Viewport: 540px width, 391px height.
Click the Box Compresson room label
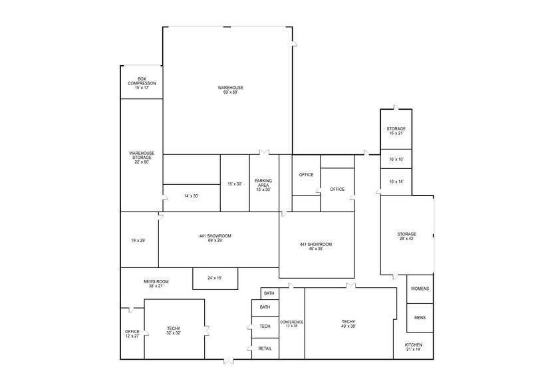tap(142, 83)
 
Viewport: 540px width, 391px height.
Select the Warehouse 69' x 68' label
tap(230, 90)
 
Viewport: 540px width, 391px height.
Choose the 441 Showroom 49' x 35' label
tap(315, 247)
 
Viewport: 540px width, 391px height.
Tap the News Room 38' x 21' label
tap(154, 284)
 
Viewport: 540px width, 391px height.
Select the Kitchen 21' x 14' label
tap(413, 346)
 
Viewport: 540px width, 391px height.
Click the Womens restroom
tap(420, 289)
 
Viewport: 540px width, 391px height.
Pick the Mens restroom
tap(420, 318)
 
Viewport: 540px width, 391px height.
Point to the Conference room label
tap(292, 324)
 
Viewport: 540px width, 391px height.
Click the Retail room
tap(265, 348)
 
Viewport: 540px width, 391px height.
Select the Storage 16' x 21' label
tap(396, 131)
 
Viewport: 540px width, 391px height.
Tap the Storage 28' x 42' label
tap(406, 237)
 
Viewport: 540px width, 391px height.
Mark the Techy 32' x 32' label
tap(174, 330)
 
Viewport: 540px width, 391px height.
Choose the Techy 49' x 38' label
tap(349, 324)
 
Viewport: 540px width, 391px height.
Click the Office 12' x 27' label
tap(132, 334)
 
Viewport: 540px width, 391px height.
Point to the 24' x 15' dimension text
tap(215, 278)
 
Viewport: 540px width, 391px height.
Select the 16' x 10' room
tap(396, 160)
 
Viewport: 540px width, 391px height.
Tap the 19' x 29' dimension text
tap(138, 241)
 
